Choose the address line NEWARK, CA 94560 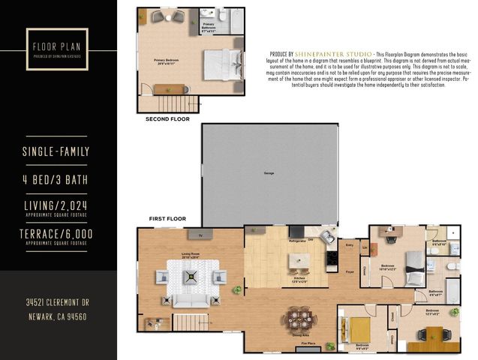(56, 317)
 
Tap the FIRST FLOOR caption (167, 218)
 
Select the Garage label (268, 174)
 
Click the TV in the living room (200, 235)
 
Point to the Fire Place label (308, 343)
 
